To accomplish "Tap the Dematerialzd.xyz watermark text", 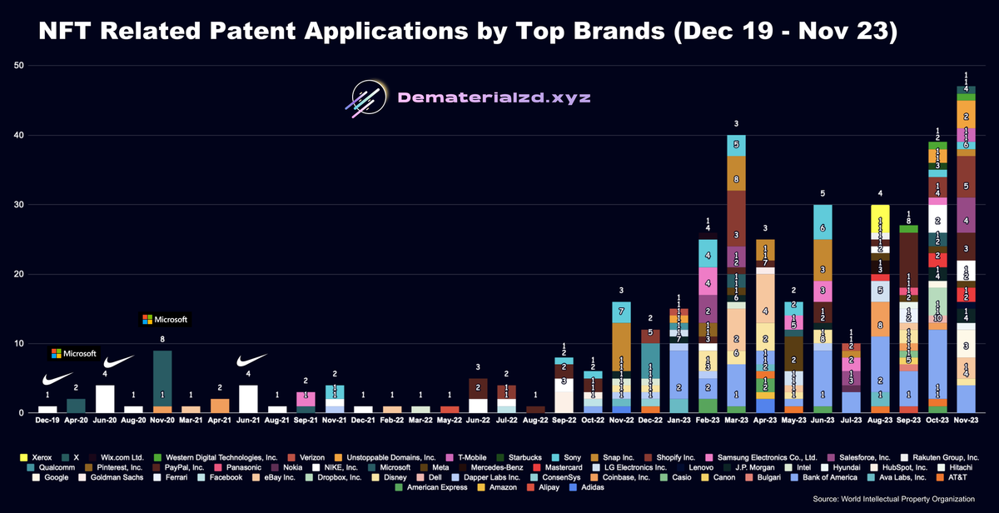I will pyautogui.click(x=495, y=97).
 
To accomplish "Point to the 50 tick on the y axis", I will pyautogui.click(x=17, y=66).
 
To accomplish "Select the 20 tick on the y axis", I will pyautogui.click(x=17, y=274).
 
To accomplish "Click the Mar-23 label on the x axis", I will pyautogui.click(x=736, y=422).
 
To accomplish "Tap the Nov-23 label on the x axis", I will pyautogui.click(x=966, y=422).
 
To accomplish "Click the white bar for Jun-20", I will pyautogui.click(x=105, y=399).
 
